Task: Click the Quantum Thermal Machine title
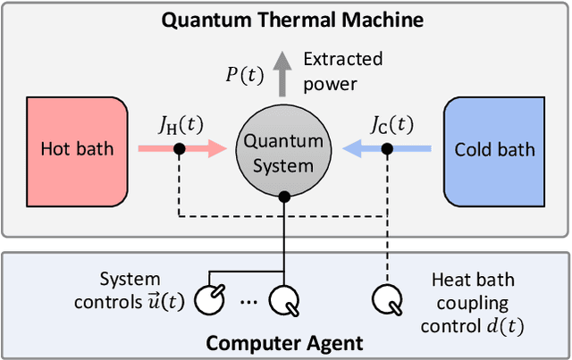point(285,19)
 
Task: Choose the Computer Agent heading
point(285,341)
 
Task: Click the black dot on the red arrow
point(180,148)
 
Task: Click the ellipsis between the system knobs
point(250,302)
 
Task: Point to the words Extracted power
point(342,71)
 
